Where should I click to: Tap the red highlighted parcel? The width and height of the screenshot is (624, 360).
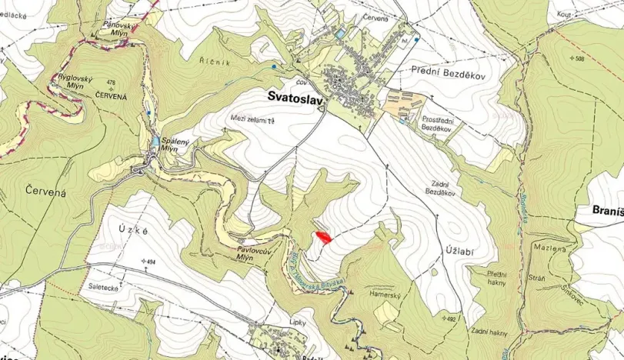[x=323, y=238]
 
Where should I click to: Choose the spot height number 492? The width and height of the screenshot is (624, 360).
[x=451, y=318]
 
